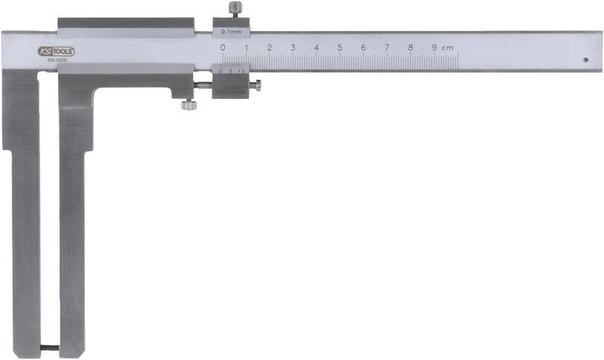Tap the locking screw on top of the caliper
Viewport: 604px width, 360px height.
[234, 9]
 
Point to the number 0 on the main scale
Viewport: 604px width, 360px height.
[222, 48]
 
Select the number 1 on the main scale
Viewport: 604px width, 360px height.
[246, 48]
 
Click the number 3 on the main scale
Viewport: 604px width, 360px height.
[293, 48]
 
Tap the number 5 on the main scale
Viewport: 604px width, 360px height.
[340, 48]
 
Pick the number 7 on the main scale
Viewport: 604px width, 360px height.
[387, 48]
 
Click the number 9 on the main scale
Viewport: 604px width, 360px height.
[434, 48]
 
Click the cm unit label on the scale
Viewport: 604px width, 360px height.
[448, 48]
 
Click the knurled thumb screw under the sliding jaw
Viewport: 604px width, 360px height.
[189, 105]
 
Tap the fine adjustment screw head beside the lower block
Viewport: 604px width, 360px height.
[258, 84]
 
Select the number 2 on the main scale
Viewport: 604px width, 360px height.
[269, 48]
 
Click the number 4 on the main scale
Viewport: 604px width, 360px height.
[316, 48]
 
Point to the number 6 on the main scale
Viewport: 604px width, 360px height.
[363, 48]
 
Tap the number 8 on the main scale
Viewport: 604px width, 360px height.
[410, 48]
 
